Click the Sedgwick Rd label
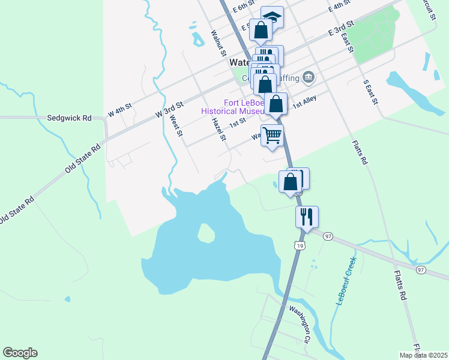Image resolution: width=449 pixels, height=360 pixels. tap(69, 118)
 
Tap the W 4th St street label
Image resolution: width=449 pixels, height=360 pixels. tap(119, 111)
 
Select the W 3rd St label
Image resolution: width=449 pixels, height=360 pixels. tap(169, 109)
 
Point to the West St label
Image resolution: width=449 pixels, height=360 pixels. tap(176, 126)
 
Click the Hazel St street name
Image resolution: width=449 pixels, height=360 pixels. tap(218, 129)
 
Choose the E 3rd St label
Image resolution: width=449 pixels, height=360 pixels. tap(341, 28)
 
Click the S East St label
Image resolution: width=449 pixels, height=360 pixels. tap(370, 92)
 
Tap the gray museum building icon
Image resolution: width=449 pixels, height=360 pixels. tap(309, 76)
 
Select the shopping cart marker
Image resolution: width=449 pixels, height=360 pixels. tap(272, 136)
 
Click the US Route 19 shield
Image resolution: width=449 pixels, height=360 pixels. tap(299, 245)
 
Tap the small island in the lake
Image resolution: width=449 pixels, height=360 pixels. tap(206, 233)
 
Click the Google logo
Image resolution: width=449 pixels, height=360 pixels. tap(20, 353)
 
